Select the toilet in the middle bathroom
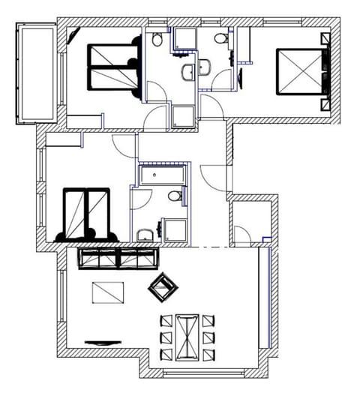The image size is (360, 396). pyautogui.click(x=174, y=196)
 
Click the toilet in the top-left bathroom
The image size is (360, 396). pyautogui.click(x=157, y=40)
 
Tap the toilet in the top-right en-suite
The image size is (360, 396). pyautogui.click(x=219, y=38)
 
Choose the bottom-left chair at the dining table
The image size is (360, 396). pyautogui.click(x=166, y=352)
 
